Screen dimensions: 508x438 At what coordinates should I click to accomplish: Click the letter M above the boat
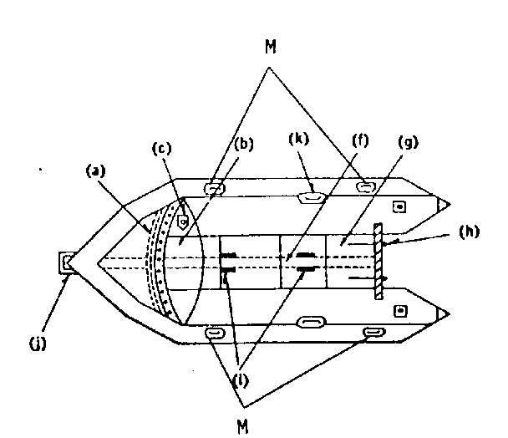point(270,46)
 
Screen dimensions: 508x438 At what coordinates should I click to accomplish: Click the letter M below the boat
point(243,426)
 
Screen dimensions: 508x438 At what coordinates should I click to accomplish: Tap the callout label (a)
point(96,171)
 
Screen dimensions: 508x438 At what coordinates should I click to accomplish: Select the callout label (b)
point(244,144)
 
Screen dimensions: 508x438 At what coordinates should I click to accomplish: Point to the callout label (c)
point(161,148)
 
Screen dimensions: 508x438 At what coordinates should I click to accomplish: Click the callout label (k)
point(299,139)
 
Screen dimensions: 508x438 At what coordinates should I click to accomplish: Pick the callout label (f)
point(360,140)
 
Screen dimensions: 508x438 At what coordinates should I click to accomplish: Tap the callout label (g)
point(409,141)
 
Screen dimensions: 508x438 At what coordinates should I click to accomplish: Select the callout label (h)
point(469,232)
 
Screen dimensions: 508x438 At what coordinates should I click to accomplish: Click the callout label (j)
point(38,344)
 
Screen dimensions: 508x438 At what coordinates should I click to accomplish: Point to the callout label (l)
point(241,381)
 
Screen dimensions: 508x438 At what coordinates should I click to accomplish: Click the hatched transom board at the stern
point(378,261)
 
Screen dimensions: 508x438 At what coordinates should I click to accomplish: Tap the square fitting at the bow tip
point(67,262)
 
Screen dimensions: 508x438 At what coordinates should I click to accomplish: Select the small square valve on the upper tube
point(399,206)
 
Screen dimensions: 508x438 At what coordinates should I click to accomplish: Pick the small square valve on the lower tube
point(400,311)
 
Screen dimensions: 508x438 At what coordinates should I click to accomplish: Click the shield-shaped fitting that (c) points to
point(183,222)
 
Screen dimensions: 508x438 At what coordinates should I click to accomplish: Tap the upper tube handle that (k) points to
point(311,197)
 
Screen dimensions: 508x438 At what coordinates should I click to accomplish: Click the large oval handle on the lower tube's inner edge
point(311,322)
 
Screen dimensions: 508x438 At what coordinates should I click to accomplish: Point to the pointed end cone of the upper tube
point(443,205)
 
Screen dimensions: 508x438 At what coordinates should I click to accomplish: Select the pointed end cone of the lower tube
point(443,313)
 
